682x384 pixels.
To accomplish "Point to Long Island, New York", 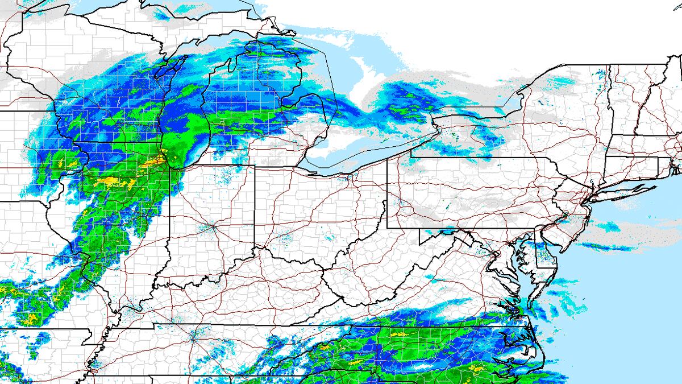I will point(625,191).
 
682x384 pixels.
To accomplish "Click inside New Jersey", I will point(574,219).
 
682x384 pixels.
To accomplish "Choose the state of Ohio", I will point(318,210).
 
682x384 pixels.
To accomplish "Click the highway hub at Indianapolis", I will point(212,226).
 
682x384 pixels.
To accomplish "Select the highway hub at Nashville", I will point(193,336).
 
